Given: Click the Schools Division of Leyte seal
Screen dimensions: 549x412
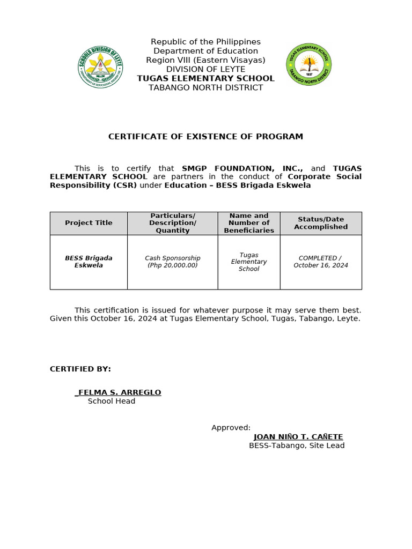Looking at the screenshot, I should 100,66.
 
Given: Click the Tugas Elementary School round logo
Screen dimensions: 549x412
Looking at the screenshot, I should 309,65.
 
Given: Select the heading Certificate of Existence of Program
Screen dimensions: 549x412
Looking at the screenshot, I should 205,137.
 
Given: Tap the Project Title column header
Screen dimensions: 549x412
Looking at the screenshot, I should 89,223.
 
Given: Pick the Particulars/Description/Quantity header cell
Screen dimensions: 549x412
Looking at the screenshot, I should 173,223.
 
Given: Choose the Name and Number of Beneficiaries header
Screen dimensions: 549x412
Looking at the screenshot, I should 249,223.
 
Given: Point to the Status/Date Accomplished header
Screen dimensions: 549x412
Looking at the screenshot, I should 321,223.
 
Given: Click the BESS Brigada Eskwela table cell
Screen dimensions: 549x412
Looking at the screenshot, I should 89,262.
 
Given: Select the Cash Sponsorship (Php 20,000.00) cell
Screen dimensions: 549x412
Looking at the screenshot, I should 173,262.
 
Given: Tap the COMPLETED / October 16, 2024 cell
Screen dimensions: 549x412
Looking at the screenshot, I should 321,262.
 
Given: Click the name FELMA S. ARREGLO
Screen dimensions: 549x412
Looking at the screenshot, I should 119,392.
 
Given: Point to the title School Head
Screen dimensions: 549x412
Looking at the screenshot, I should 112,401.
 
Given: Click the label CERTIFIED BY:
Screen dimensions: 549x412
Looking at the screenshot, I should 80,369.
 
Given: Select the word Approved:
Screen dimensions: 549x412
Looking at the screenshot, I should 231,427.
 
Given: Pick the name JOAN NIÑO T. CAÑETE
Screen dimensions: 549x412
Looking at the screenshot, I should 298,437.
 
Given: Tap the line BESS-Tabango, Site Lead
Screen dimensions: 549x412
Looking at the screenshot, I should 297,446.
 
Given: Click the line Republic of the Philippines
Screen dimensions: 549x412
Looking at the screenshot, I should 205,42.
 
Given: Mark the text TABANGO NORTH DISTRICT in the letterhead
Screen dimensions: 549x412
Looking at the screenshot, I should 205,87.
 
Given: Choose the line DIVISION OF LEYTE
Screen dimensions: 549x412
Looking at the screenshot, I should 205,69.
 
